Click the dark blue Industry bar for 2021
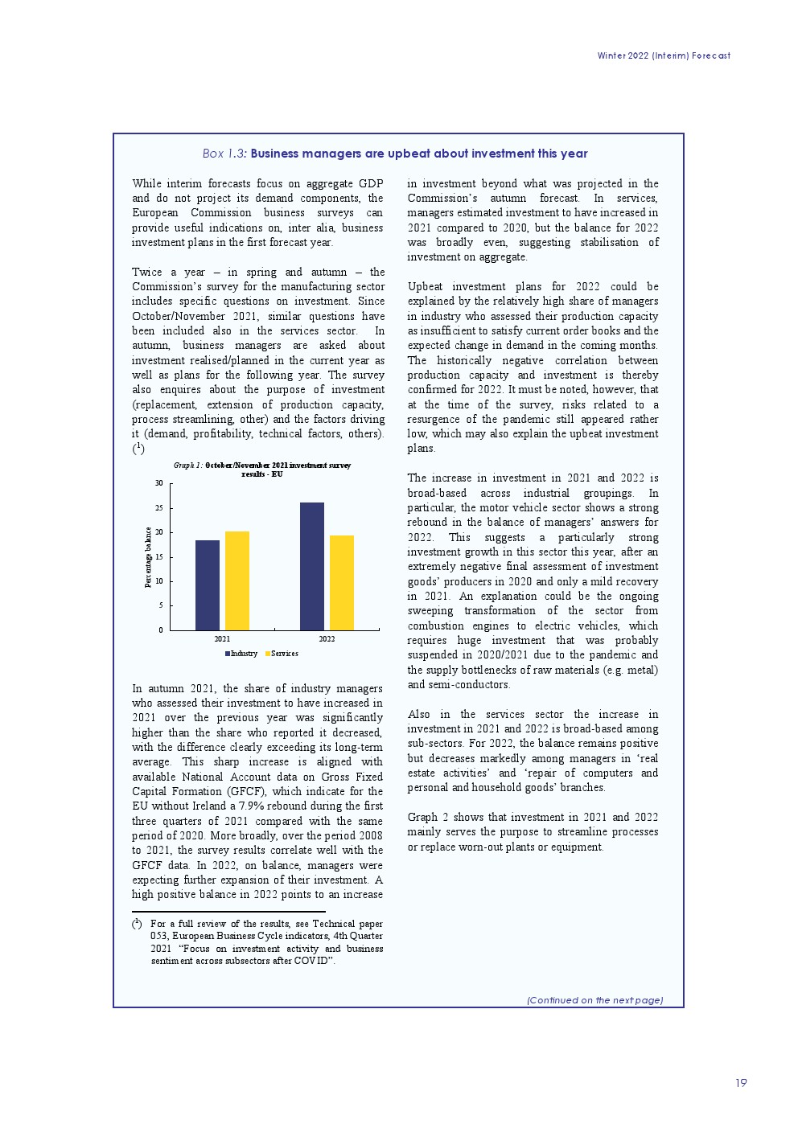coord(208,585)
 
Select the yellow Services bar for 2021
coord(237,580)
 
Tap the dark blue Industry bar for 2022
coord(312,566)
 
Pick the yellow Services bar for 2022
coord(342,582)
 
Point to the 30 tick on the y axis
coord(159,483)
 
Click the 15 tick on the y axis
coord(159,556)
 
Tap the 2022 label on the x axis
coord(327,639)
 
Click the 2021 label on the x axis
coord(222,639)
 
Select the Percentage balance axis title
coord(148,557)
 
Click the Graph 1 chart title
coord(262,470)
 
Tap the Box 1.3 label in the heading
coord(224,154)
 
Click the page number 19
coord(741,1083)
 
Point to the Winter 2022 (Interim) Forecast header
coord(664,55)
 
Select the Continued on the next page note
coord(594,1000)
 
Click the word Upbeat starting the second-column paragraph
coord(425,286)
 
